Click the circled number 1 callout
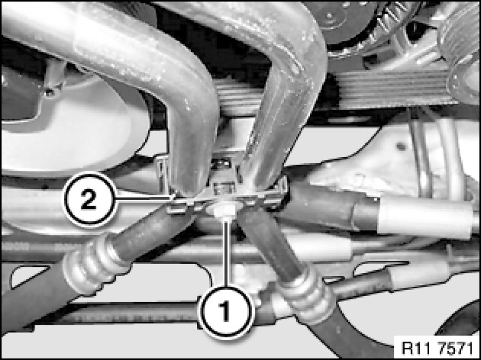(x=226, y=312)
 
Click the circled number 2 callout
(x=89, y=200)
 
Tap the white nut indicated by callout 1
(x=223, y=211)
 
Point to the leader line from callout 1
(x=226, y=251)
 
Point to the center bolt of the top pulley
(x=330, y=15)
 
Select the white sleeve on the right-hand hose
(x=425, y=218)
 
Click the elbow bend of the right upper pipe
(x=295, y=71)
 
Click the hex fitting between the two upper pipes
(x=222, y=175)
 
